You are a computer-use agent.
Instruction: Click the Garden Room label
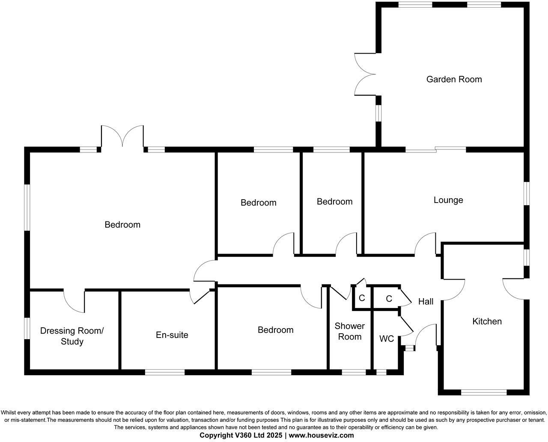[454, 79]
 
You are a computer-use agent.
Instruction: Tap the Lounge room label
[448, 200]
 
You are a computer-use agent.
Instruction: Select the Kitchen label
[487, 321]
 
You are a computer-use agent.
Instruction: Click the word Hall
[426, 302]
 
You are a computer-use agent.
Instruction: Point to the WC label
[387, 339]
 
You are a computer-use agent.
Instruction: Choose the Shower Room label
[350, 331]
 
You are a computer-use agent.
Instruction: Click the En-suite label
[172, 335]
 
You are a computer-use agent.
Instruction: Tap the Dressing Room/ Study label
[72, 336]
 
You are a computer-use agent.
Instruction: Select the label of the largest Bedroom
[122, 225]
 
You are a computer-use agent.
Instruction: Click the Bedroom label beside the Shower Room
[275, 330]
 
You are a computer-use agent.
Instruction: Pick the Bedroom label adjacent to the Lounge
[334, 202]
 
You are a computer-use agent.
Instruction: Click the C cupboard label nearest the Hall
[389, 299]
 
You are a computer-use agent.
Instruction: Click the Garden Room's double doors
[365, 74]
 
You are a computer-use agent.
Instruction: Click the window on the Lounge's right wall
[527, 195]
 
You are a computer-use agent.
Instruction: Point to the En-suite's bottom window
[165, 372]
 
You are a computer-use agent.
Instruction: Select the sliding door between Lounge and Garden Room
[436, 149]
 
